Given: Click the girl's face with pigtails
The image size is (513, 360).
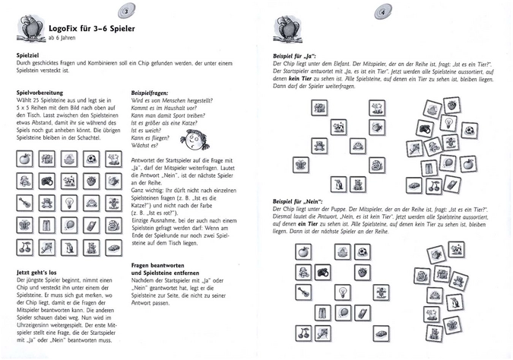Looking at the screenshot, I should tap(192, 138).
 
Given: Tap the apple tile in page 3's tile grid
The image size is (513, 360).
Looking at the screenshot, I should tap(25, 159).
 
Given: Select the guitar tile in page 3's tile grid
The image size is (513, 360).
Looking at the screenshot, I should tap(25, 204).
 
